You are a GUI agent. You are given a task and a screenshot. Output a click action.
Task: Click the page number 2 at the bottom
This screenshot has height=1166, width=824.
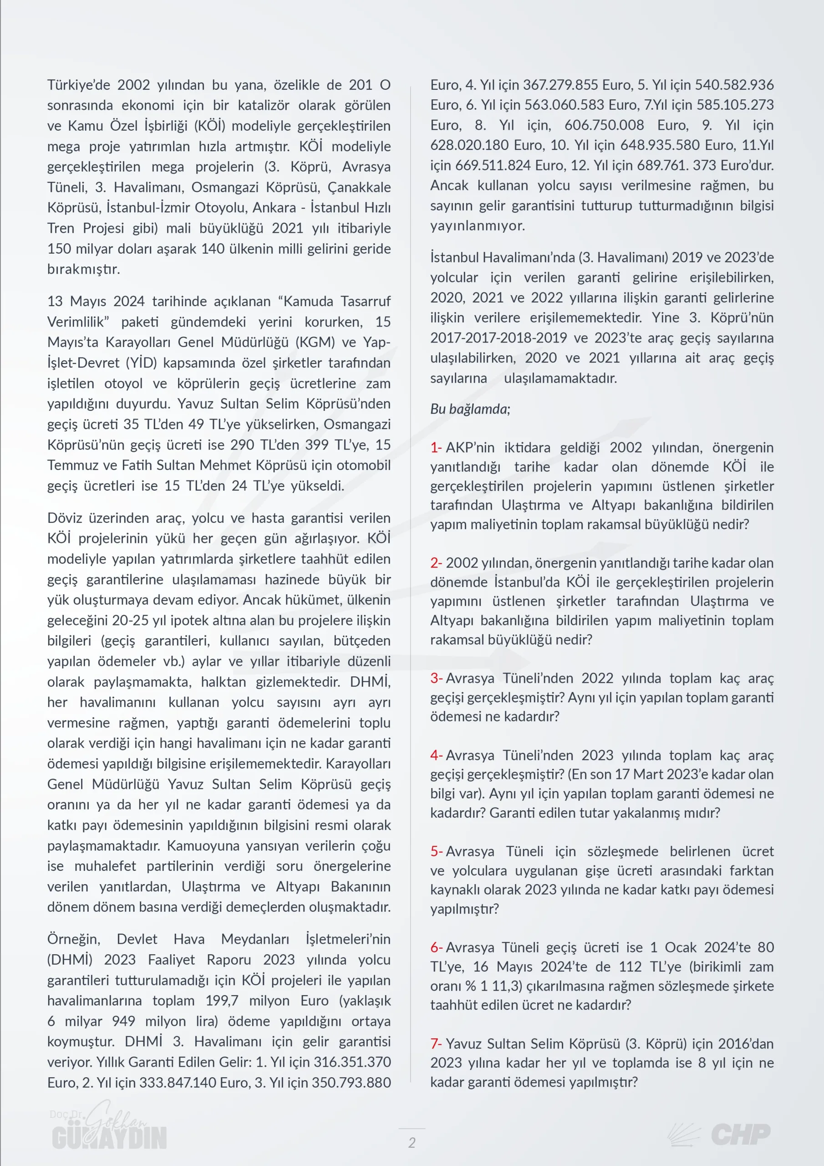click(412, 1142)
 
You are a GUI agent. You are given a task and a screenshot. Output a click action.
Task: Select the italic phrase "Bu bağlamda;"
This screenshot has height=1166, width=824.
click(470, 409)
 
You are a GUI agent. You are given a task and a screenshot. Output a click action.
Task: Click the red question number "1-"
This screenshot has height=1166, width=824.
click(436, 447)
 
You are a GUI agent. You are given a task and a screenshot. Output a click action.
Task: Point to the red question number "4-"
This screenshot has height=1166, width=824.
click(436, 755)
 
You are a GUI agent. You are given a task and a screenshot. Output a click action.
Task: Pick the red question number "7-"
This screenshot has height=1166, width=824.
click(436, 1043)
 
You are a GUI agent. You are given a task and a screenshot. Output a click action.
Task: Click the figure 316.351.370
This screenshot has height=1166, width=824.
click(352, 1062)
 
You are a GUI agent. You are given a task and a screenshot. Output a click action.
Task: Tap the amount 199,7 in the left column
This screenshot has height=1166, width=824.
click(221, 1001)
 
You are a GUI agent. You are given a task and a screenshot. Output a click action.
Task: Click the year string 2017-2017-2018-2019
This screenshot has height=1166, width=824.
click(498, 338)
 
